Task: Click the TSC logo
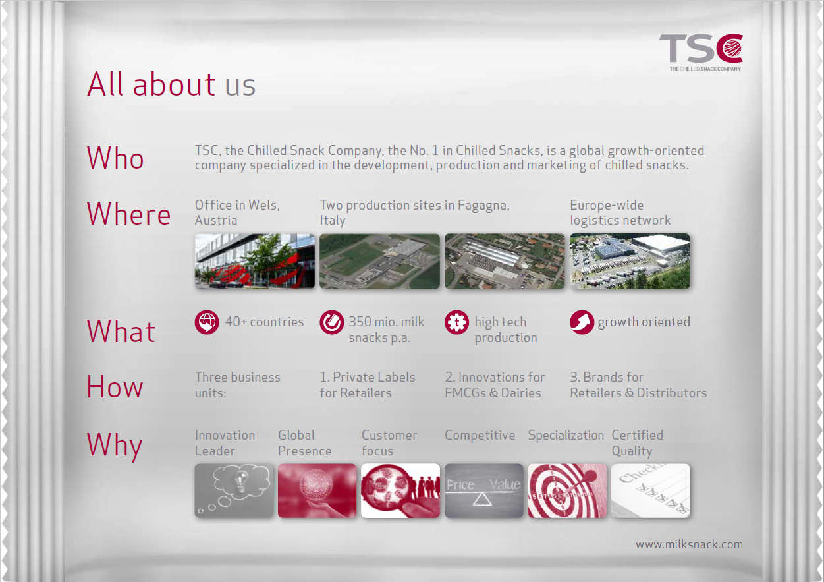701,52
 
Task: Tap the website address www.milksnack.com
689,544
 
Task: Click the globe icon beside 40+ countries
207,322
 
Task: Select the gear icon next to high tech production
456,322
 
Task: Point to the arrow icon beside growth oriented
582,322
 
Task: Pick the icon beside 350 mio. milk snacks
332,322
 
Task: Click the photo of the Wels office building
254,261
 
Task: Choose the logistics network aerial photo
630,261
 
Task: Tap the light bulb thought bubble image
234,490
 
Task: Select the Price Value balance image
483,490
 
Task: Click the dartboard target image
567,490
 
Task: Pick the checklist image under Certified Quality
650,490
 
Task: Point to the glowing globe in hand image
317,490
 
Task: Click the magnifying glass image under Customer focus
400,490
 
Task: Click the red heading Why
115,446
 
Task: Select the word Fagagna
483,206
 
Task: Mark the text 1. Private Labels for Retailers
368,385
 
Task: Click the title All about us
171,84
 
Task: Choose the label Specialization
566,436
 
